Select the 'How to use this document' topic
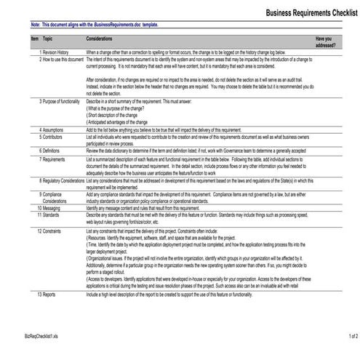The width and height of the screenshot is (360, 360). [x=63, y=60]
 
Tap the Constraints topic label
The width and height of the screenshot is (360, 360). [x=56, y=231]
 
